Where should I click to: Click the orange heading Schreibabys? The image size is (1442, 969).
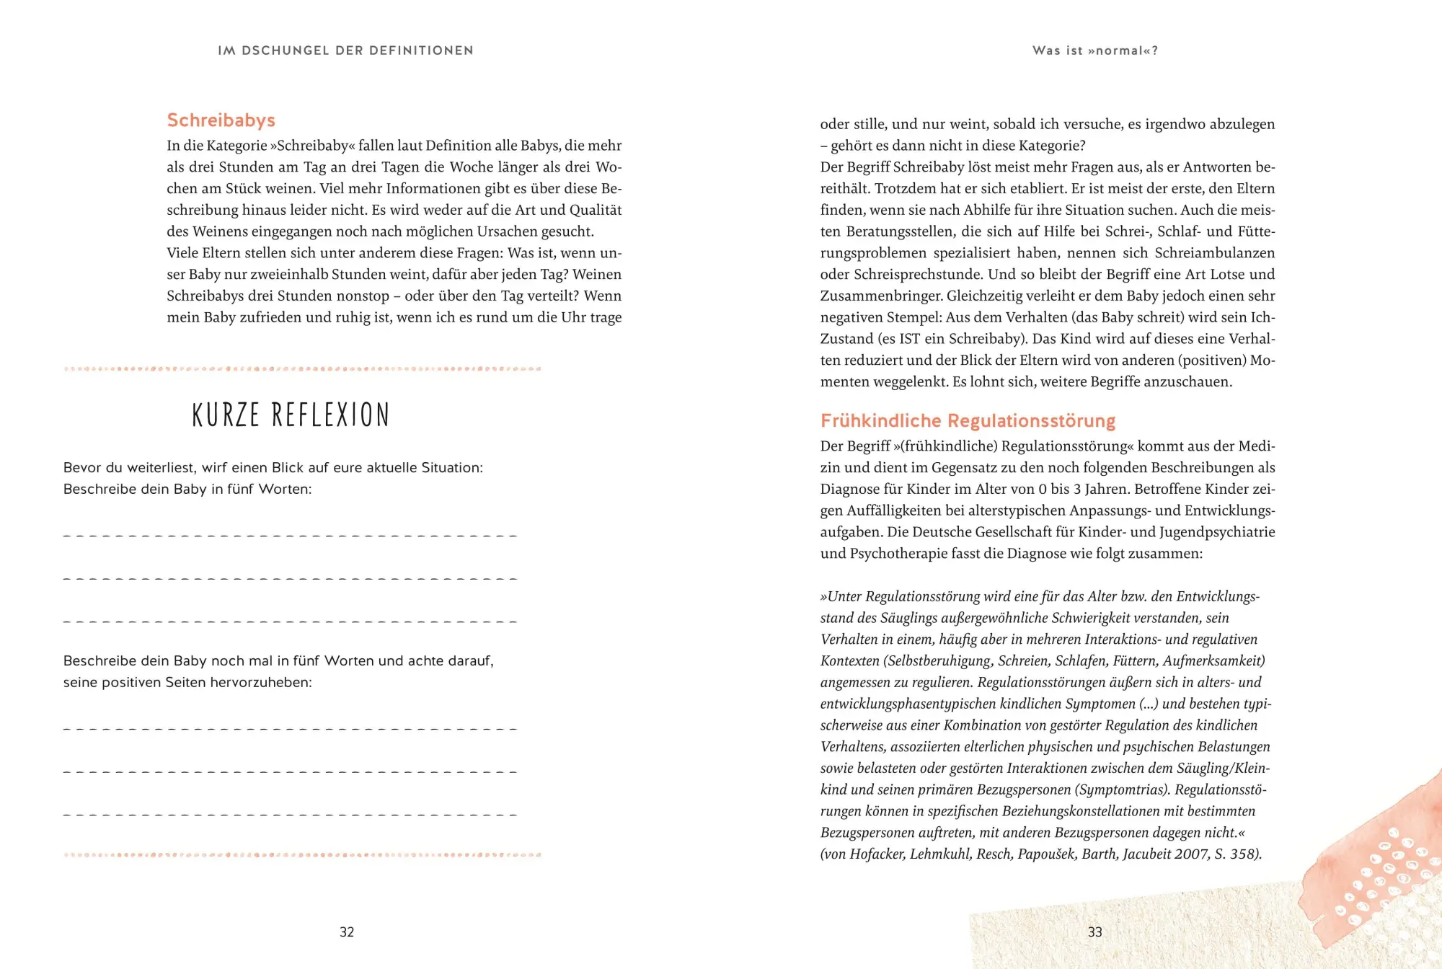pyautogui.click(x=221, y=120)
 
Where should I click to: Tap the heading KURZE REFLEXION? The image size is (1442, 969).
pyautogui.click(x=291, y=415)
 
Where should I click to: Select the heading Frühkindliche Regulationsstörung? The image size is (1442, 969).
pyautogui.click(x=968, y=421)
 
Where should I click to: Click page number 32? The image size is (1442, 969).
pyautogui.click(x=347, y=932)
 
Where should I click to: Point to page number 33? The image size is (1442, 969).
pyautogui.click(x=1094, y=932)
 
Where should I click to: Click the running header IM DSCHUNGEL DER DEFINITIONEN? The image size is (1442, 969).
pyautogui.click(x=345, y=50)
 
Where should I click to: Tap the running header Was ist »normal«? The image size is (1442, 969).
pyautogui.click(x=1094, y=50)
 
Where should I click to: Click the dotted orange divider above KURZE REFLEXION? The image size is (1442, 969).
pyautogui.click(x=303, y=369)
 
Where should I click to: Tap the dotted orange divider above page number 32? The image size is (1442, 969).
pyautogui.click(x=303, y=855)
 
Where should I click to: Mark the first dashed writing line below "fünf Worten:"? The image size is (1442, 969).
pyautogui.click(x=290, y=536)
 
